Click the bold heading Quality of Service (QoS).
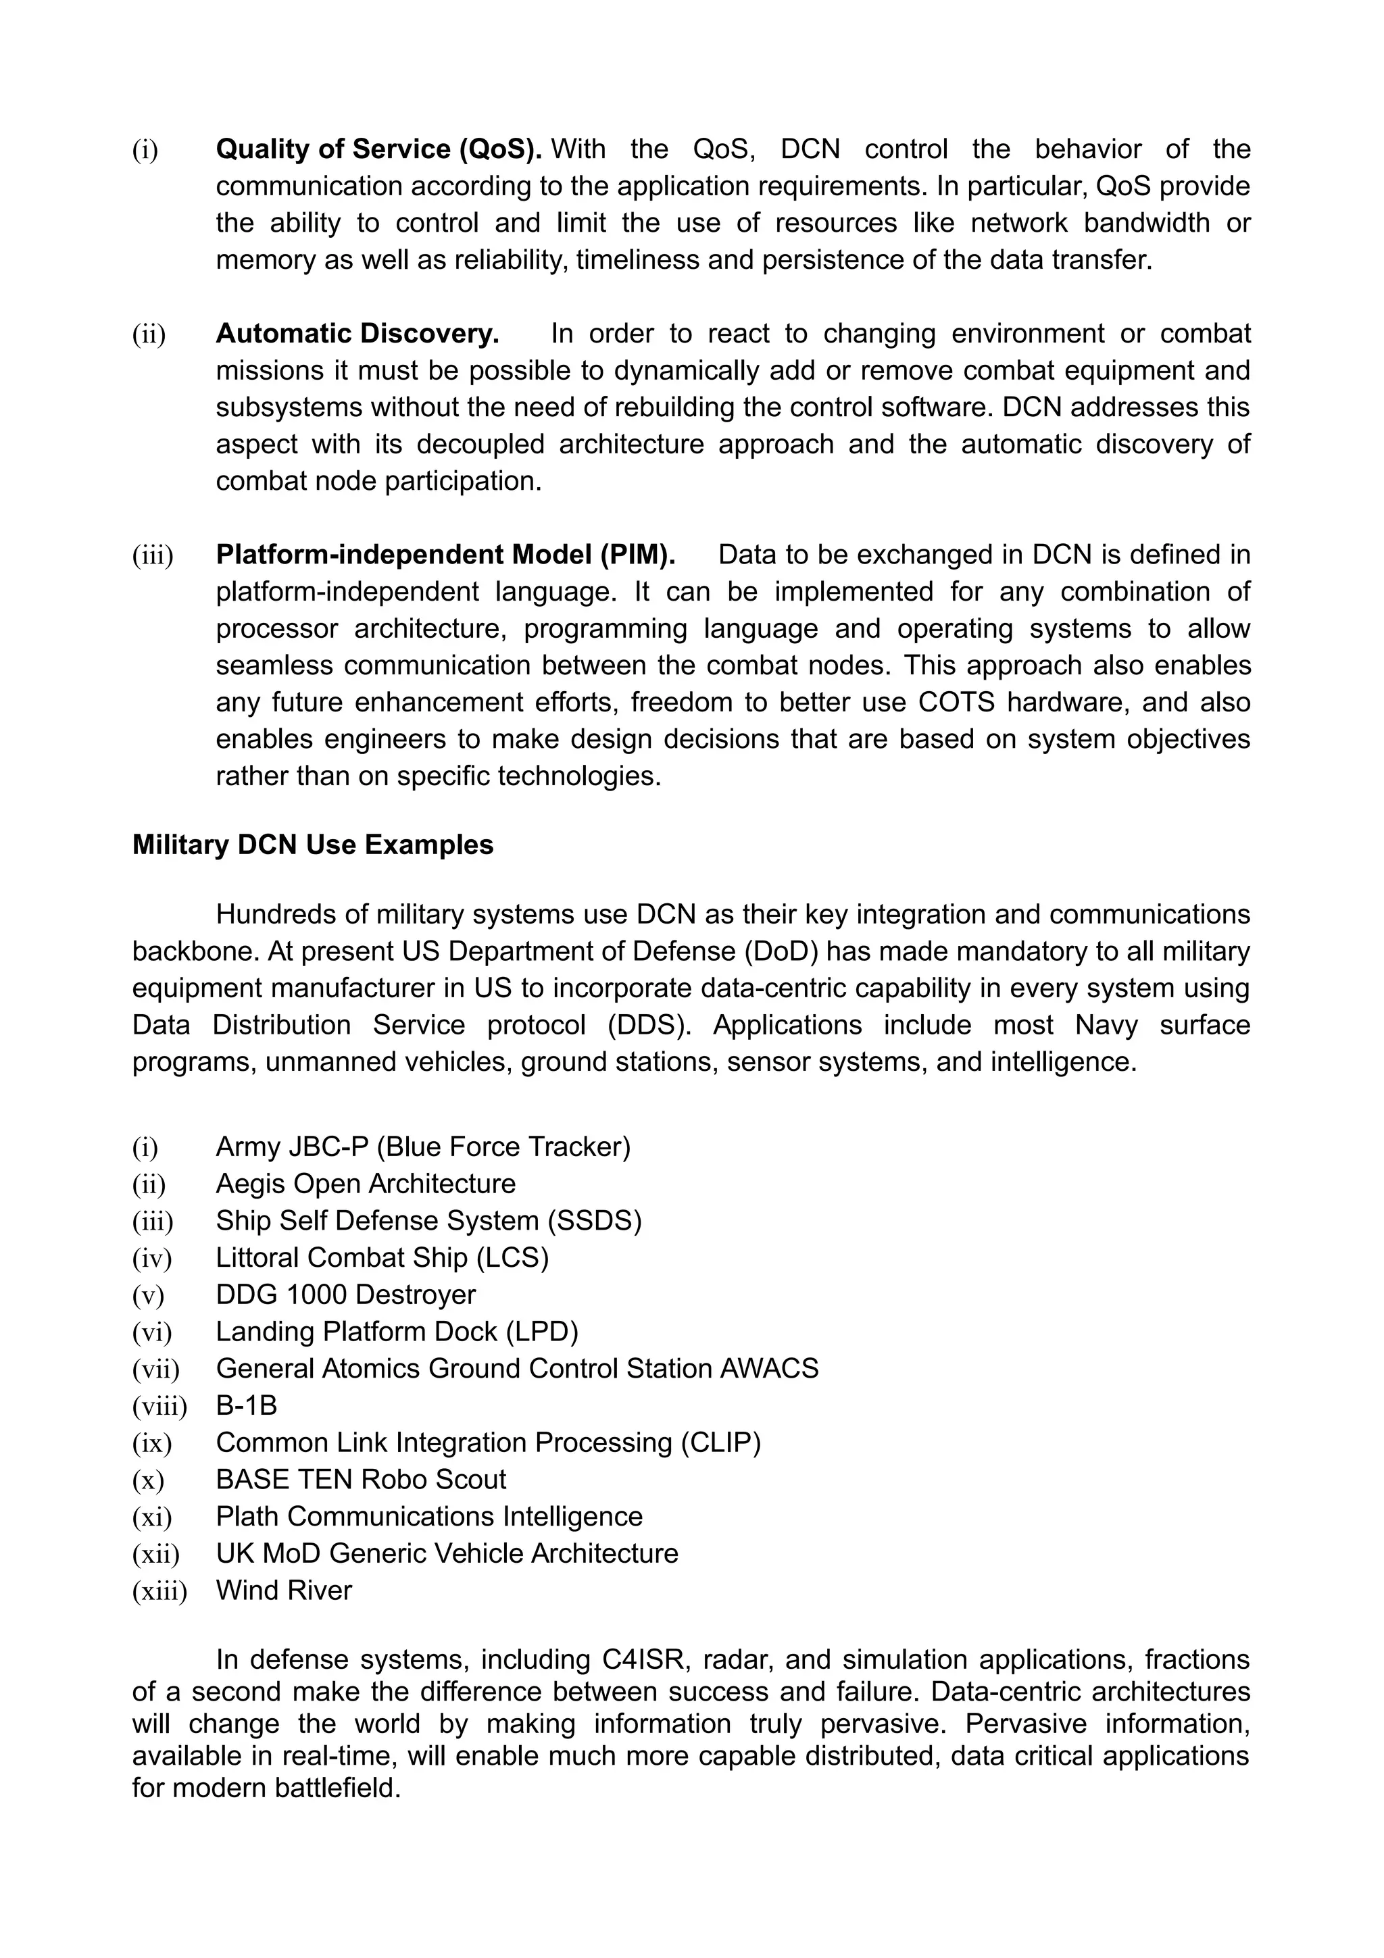click(x=378, y=149)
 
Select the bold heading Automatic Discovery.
click(x=357, y=334)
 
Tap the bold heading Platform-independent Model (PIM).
click(x=445, y=555)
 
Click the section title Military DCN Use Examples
click(x=313, y=845)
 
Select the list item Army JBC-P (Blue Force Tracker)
click(x=423, y=1147)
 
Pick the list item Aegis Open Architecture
click(x=366, y=1184)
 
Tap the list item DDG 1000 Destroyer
click(x=345, y=1295)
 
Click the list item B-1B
click(x=247, y=1405)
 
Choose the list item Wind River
click(x=284, y=1590)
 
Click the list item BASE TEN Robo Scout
click(x=361, y=1480)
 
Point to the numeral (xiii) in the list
click(x=159, y=1591)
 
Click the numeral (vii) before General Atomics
click(x=156, y=1370)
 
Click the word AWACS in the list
click(x=769, y=1369)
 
